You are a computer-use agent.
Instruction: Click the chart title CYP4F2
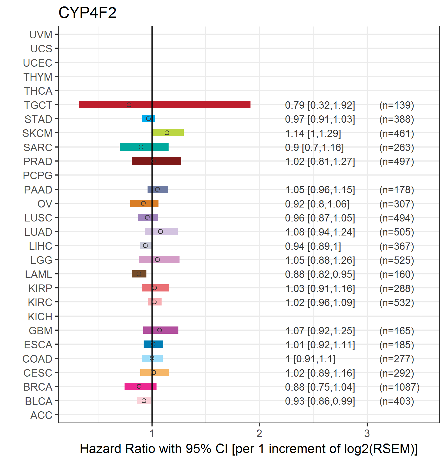coord(87,13)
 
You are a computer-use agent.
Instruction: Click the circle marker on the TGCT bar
coord(129,105)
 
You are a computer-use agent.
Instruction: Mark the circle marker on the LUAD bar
coord(160,232)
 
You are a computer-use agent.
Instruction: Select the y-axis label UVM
coord(41,35)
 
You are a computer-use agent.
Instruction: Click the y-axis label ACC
coord(41,415)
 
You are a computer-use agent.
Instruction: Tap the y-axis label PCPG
coord(38,176)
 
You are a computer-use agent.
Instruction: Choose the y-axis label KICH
coord(40,317)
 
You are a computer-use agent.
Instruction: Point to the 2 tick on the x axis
coord(259,433)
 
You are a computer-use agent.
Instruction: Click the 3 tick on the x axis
coord(367,433)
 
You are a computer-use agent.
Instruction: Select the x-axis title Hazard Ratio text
coord(249,449)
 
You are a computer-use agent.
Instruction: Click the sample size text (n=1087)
coord(399,387)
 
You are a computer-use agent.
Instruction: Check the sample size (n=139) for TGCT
coord(396,105)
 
